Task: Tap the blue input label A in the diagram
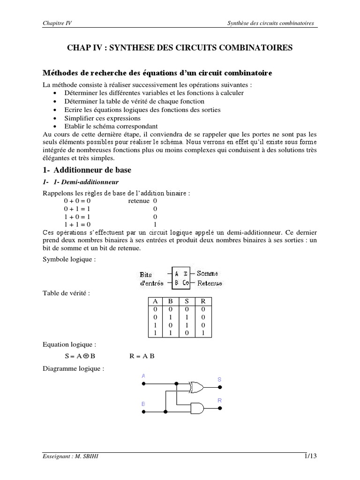pyautogui.click(x=143, y=376)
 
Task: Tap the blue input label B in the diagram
pyautogui.click(x=143, y=403)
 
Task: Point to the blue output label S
pyautogui.click(x=219, y=379)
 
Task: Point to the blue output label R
pyautogui.click(x=219, y=400)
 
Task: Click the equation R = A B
pyautogui.click(x=142, y=356)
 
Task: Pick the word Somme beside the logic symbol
pyautogui.click(x=207, y=273)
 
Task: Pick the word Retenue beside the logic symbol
pyautogui.click(x=210, y=283)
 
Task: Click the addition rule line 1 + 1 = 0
pyautogui.click(x=76, y=224)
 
